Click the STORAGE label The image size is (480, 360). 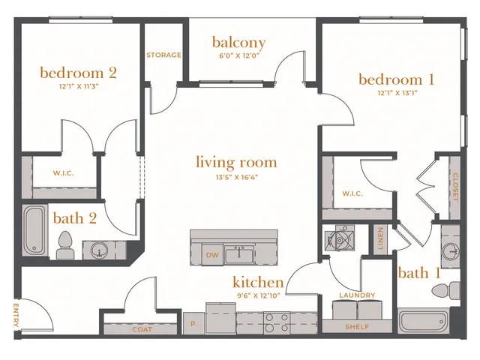click(163, 55)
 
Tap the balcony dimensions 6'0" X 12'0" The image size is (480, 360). click(238, 55)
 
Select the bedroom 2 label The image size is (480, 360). click(78, 73)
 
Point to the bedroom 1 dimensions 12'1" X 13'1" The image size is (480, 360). click(397, 93)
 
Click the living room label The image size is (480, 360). click(236, 162)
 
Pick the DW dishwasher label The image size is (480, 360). click(212, 255)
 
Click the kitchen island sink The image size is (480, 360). click(239, 254)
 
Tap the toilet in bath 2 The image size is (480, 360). click(64, 245)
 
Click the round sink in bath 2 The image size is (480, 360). click(99, 250)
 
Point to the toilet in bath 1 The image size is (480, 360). click(445, 289)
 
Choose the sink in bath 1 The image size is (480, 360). click(451, 250)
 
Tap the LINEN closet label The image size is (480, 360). click(380, 238)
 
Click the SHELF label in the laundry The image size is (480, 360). click(357, 327)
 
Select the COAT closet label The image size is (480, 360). click(142, 329)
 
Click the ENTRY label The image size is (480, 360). click(16, 315)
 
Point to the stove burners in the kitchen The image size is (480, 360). click(277, 323)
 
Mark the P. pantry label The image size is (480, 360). click(193, 323)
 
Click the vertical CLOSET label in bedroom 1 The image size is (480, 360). click(455, 187)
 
